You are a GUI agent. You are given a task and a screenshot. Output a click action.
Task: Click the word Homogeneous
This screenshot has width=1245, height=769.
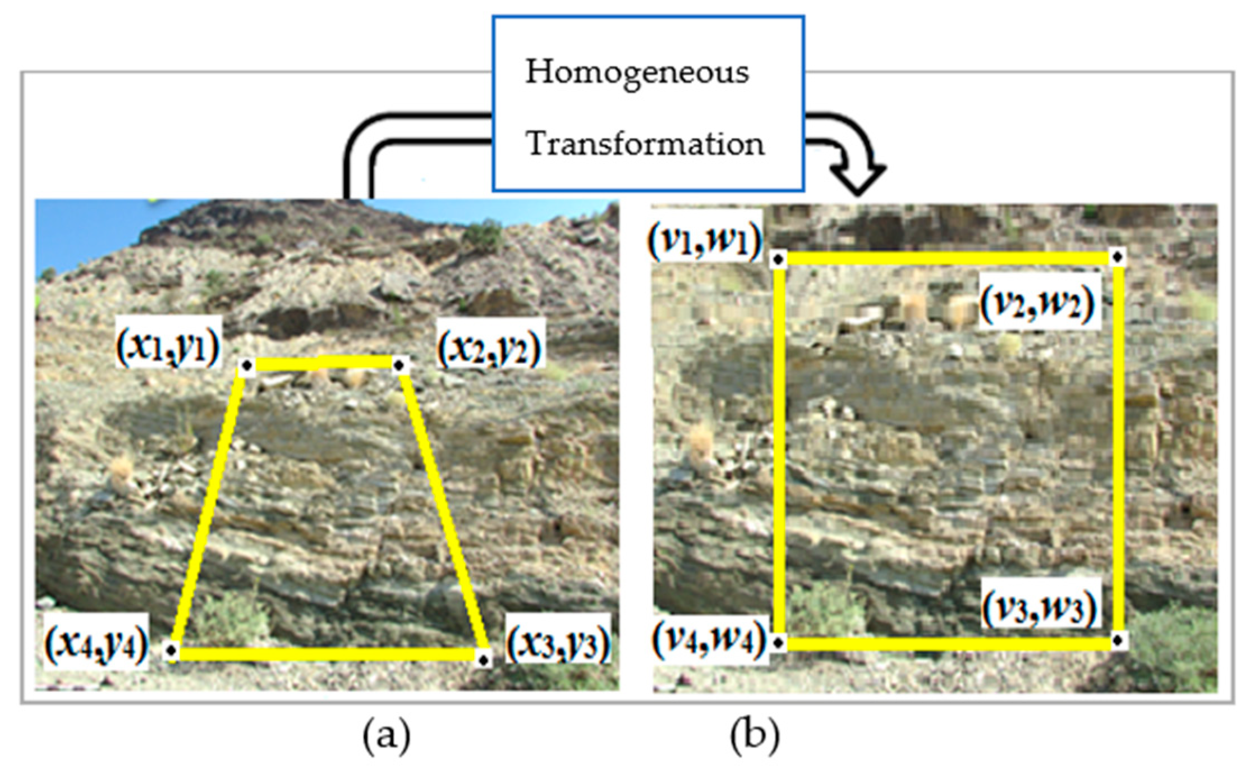[x=637, y=73]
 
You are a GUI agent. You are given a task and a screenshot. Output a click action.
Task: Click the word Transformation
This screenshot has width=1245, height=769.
[x=645, y=144]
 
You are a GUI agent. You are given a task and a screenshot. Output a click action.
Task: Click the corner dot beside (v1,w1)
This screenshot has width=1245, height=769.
[x=778, y=259]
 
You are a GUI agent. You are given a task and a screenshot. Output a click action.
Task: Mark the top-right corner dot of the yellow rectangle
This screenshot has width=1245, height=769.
[x=1117, y=257]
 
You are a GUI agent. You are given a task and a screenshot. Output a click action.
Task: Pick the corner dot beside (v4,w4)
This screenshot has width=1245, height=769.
[x=778, y=643]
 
